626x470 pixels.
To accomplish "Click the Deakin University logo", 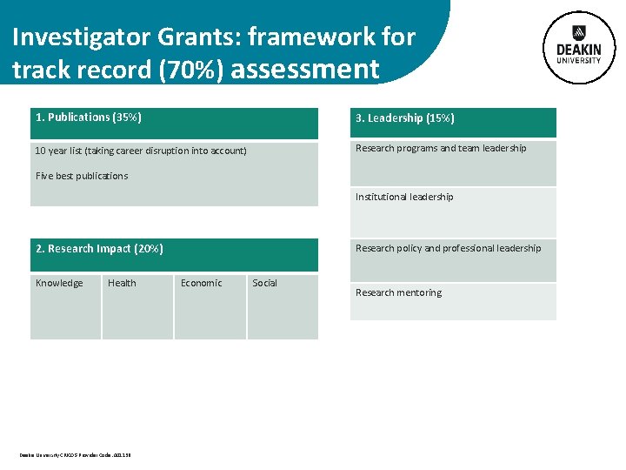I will click(578, 48).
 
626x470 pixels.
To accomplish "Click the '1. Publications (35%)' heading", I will click(89, 117).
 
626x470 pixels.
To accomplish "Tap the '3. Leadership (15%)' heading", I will click(404, 118).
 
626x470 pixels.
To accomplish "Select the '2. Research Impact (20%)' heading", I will click(99, 249).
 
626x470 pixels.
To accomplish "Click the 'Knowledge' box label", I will click(59, 283).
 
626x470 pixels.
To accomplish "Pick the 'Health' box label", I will click(122, 283).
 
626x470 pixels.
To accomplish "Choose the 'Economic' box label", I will click(201, 283).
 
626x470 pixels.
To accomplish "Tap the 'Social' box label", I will click(264, 283).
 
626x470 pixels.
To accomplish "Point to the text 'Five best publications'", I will click(82, 176).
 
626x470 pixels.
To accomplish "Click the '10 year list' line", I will click(141, 151).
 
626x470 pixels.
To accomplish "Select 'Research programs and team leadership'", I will click(441, 149).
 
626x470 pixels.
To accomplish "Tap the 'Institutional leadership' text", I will click(404, 198).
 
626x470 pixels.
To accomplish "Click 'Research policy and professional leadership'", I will click(448, 249).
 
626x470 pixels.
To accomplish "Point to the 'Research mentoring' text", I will click(398, 293).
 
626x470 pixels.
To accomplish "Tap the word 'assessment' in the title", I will click(306, 69).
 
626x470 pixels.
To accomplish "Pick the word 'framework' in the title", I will click(313, 37).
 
